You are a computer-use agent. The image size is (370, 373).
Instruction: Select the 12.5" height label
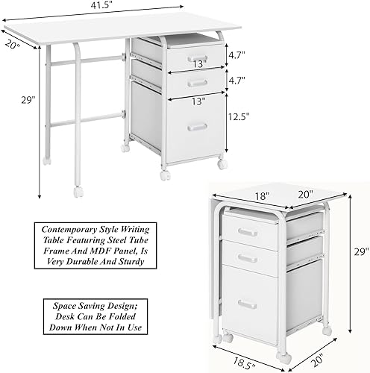(239, 116)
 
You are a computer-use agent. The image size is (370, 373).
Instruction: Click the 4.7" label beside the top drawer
(238, 54)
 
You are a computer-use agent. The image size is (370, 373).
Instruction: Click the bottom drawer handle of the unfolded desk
(196, 127)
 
